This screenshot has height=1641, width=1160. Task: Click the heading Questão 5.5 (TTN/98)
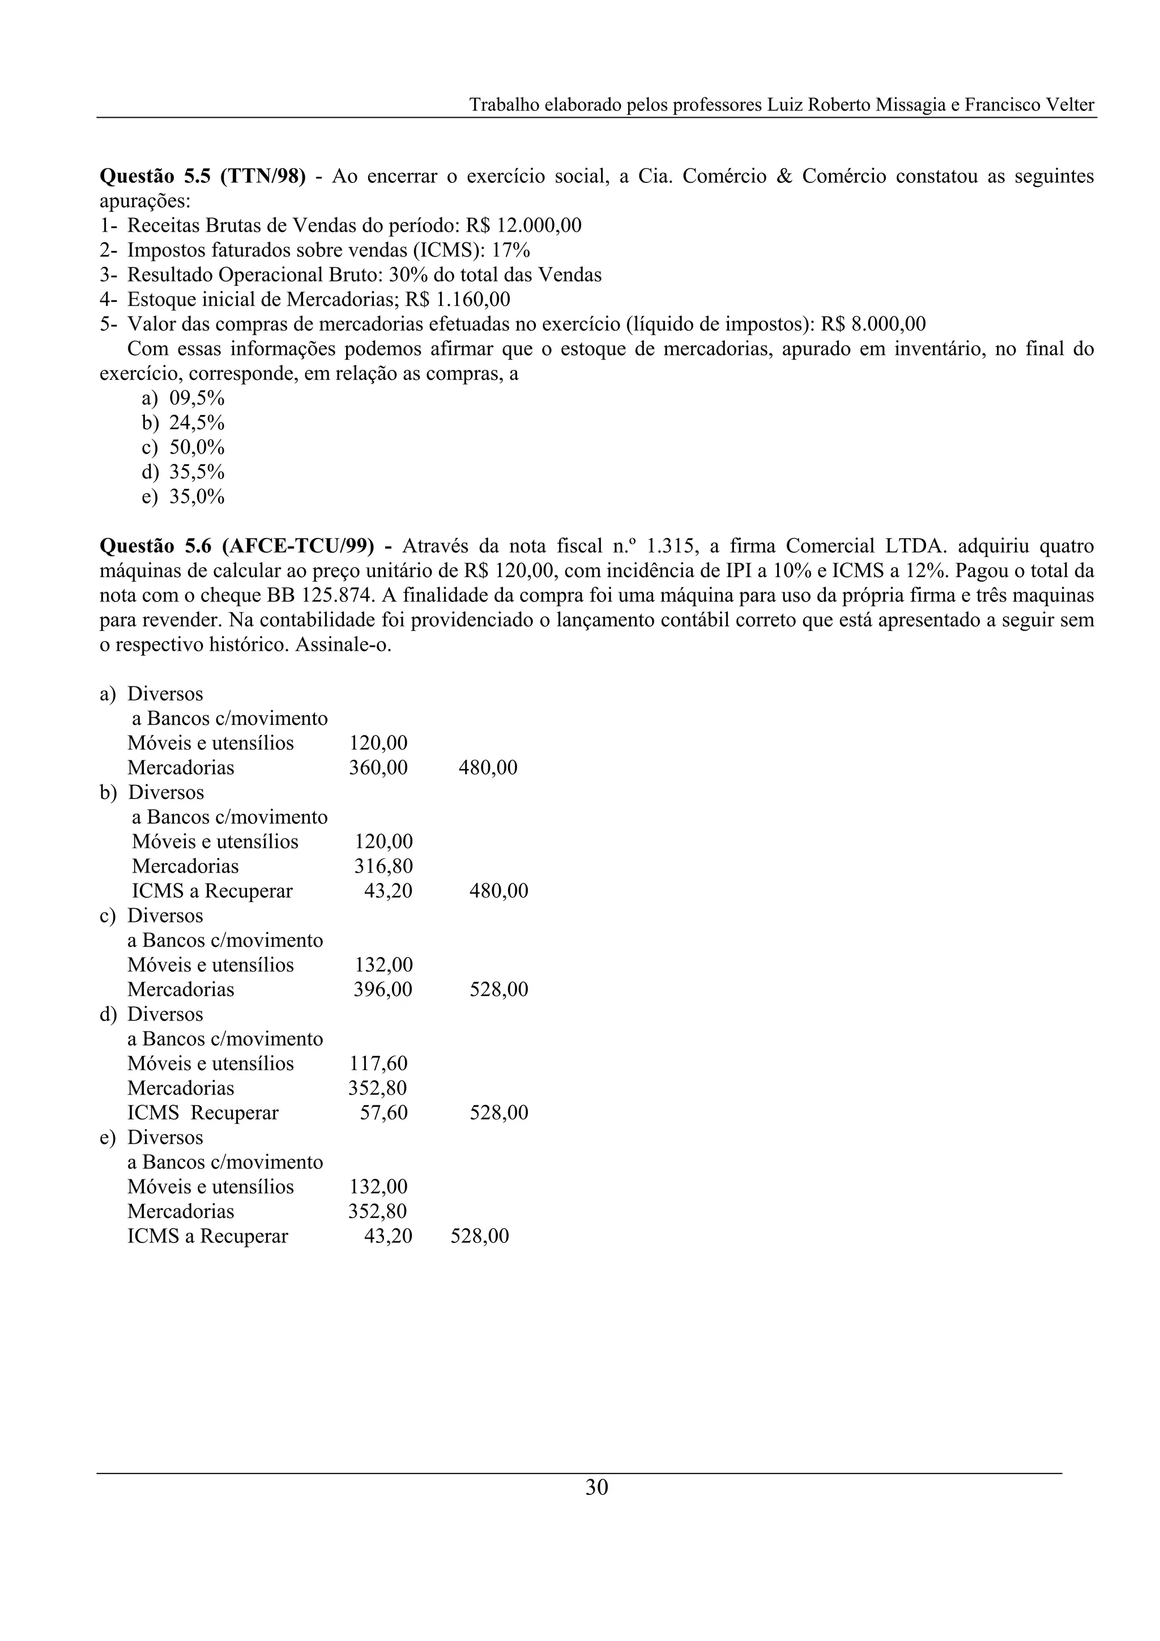[202, 176]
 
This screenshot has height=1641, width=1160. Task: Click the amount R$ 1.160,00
[458, 299]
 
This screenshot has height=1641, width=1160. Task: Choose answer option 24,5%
[197, 423]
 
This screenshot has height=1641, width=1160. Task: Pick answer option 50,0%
[197, 447]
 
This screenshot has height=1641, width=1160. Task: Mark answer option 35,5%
[197, 472]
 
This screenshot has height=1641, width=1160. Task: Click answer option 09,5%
[197, 398]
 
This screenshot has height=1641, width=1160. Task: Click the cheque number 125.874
[336, 595]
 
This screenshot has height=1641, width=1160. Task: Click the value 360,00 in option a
[378, 768]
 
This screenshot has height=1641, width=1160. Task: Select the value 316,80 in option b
[383, 866]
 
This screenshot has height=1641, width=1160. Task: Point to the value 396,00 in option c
[383, 989]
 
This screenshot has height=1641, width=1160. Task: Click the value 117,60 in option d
[378, 1063]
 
